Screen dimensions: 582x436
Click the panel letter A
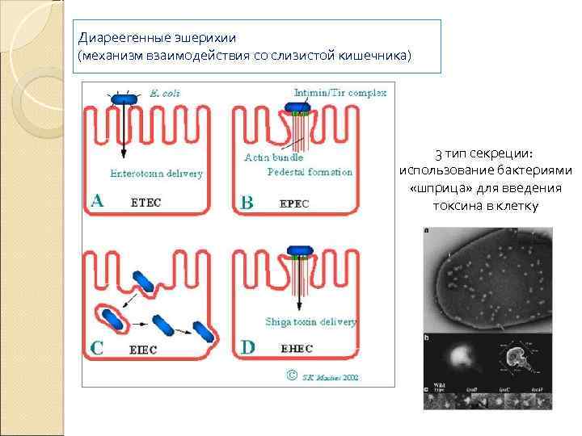click(98, 200)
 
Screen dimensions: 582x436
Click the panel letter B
click(247, 203)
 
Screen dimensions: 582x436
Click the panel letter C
click(96, 349)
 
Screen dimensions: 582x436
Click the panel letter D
click(247, 347)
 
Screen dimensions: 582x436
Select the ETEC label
click(145, 203)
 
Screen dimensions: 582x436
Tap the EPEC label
click(294, 203)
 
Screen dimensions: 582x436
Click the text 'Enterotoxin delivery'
click(157, 173)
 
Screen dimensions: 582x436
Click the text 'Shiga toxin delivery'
click(310, 321)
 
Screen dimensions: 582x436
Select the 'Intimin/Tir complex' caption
click(340, 93)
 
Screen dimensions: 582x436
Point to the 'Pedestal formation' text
click(310, 171)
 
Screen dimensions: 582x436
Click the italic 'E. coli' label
click(165, 93)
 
